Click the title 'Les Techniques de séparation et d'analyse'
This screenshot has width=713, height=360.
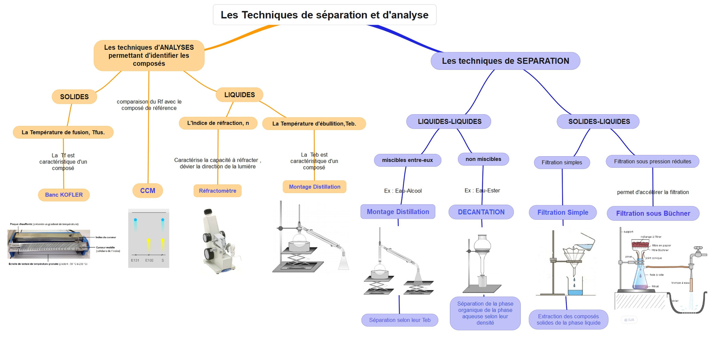pyautogui.click(x=324, y=15)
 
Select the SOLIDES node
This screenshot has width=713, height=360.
pyautogui.click(x=74, y=97)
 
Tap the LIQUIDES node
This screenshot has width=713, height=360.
pyautogui.click(x=240, y=95)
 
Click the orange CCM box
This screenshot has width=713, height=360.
pyautogui.click(x=148, y=191)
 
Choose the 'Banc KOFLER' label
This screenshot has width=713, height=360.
pyautogui.click(x=64, y=195)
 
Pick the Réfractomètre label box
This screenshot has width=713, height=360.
pyautogui.click(x=218, y=191)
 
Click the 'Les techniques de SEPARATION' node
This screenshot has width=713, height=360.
pyautogui.click(x=505, y=61)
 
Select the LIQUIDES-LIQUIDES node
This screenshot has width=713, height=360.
pyautogui.click(x=449, y=122)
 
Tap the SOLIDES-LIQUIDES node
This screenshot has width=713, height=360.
pyautogui.click(x=599, y=122)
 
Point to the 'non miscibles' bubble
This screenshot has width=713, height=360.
pyautogui.click(x=483, y=159)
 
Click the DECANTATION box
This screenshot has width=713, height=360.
pyautogui.click(x=481, y=212)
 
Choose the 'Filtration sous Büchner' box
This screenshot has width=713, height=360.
pyautogui.click(x=653, y=213)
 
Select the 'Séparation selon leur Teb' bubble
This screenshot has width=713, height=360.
pyautogui.click(x=400, y=320)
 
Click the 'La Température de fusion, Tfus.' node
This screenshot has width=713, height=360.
pyautogui.click(x=63, y=132)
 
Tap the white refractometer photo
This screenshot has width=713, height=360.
pyautogui.click(x=218, y=240)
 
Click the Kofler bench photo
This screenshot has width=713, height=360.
pyautogui.click(x=49, y=244)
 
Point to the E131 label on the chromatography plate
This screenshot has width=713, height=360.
pyautogui.click(x=135, y=260)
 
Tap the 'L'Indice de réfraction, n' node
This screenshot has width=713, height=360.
pyautogui.click(x=218, y=123)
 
